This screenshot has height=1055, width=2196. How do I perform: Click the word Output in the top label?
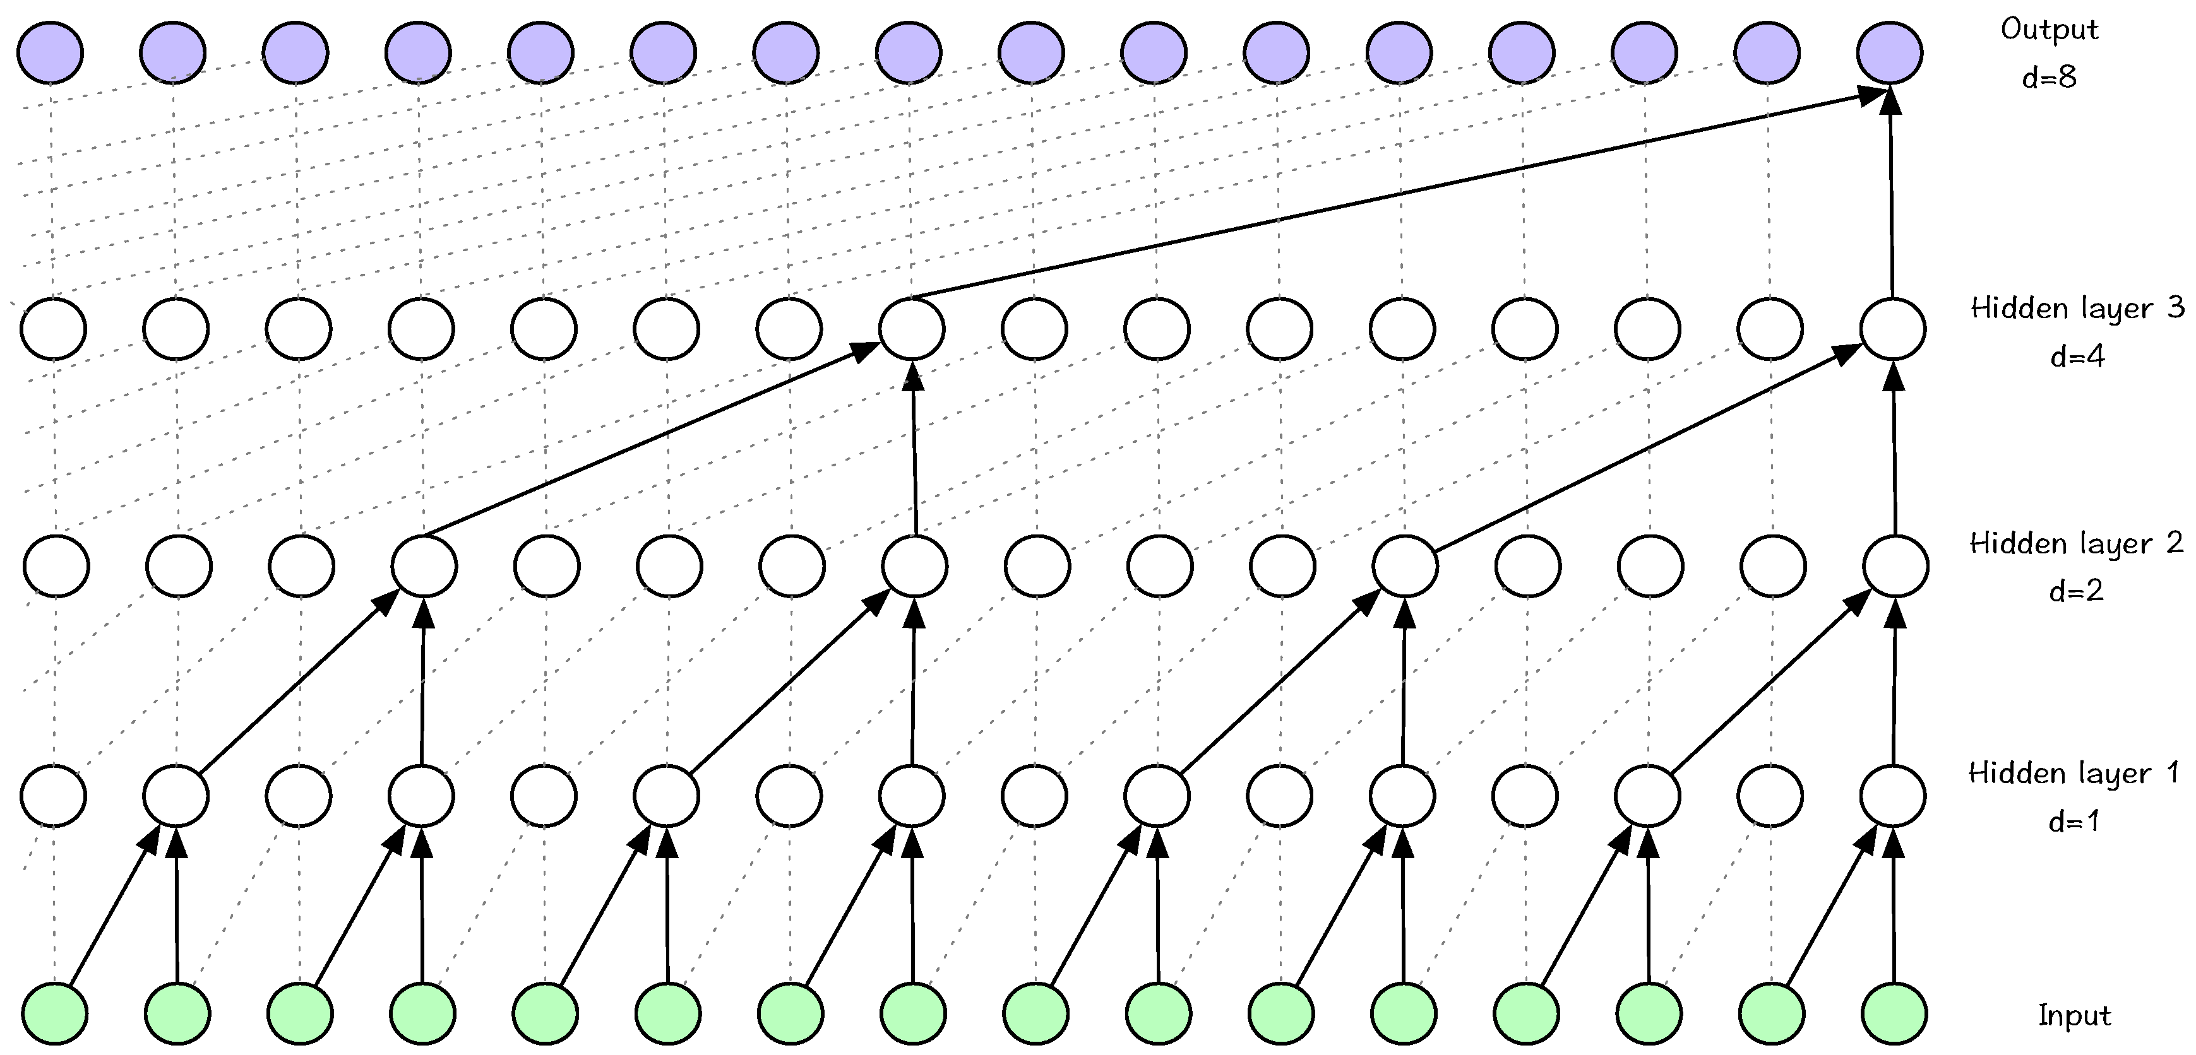click(2048, 30)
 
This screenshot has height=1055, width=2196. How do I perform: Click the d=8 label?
click(2048, 78)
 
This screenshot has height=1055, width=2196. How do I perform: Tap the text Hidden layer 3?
click(2077, 309)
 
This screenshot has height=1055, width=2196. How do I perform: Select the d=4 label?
click(2077, 357)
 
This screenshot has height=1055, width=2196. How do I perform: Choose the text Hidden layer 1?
click(2074, 774)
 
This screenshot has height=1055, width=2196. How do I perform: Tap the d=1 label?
click(2074, 822)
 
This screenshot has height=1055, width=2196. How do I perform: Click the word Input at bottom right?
click(2074, 1016)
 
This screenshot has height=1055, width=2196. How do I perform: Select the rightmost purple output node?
click(1890, 52)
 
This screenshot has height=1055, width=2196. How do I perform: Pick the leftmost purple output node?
click(51, 52)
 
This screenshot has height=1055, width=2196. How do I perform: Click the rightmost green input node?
click(1894, 1013)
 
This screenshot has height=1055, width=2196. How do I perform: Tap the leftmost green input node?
click(54, 1013)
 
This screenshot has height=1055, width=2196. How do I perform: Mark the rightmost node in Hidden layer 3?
click(1892, 329)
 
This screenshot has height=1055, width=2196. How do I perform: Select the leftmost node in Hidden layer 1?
click(54, 796)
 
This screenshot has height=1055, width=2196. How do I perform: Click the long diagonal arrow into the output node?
click(1398, 196)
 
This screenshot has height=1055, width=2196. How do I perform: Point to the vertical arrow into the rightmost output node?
click(1891, 196)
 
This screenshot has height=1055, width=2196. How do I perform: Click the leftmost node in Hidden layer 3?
click(53, 329)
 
